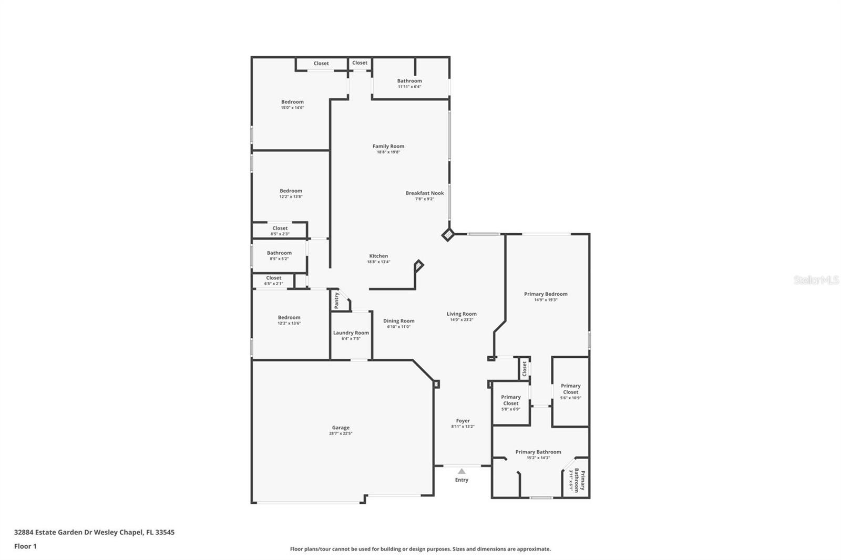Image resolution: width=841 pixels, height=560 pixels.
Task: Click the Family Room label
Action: pos(388,147)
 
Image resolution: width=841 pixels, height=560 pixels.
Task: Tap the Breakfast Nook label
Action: pos(425,193)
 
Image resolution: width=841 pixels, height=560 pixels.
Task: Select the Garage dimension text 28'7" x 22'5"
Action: pos(341,434)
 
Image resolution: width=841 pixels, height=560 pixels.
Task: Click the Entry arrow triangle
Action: pos(461,471)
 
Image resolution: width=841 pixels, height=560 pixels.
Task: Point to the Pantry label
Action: pos(337,300)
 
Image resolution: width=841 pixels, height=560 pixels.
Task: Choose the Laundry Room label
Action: pos(351,333)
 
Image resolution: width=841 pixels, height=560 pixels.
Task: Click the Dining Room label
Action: pos(398,321)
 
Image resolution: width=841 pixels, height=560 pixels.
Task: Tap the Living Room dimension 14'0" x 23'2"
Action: pos(461,320)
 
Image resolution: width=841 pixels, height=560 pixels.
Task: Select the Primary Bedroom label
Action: pos(546,294)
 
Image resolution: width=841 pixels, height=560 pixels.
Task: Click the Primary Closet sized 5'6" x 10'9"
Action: pos(570,389)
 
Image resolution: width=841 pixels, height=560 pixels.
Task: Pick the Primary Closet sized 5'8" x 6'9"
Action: pos(510,400)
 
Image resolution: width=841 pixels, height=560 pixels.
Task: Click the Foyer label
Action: pos(463,421)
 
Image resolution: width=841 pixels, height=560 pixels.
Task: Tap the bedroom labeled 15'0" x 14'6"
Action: pos(292,102)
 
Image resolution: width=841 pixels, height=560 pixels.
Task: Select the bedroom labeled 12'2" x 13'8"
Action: pos(291,191)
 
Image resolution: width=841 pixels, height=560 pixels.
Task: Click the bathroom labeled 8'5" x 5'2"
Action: pos(279,253)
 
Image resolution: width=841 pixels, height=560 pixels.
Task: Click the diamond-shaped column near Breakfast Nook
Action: pos(448,234)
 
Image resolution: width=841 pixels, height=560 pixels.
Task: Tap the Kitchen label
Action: pos(378,256)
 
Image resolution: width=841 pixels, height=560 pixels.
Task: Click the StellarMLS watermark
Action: pos(816,281)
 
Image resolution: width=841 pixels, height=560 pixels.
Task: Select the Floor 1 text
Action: pos(25,546)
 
